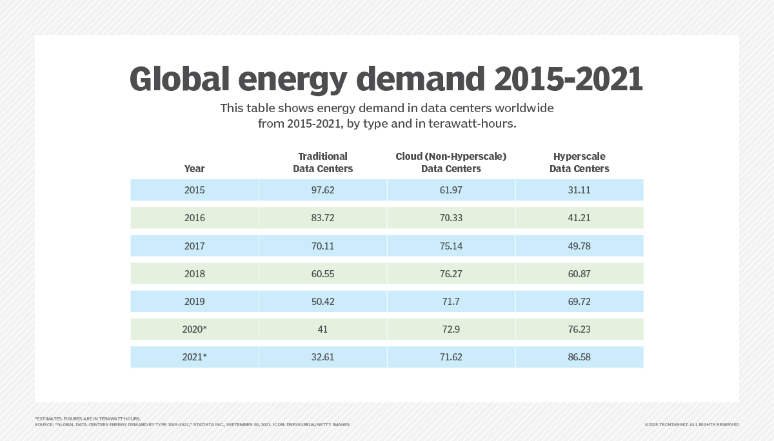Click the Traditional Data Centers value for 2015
click(x=322, y=190)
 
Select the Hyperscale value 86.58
click(x=579, y=357)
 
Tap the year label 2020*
click(x=194, y=329)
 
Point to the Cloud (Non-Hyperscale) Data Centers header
click(x=451, y=162)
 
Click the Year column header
click(x=194, y=169)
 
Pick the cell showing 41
click(x=322, y=329)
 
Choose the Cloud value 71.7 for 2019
click(x=451, y=302)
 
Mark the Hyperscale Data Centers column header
click(x=579, y=162)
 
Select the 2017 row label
click(x=194, y=246)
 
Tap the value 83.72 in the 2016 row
click(x=322, y=218)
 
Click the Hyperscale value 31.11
click(x=579, y=190)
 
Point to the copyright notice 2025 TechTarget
click(x=691, y=424)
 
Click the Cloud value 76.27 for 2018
click(x=451, y=274)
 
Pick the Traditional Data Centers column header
click(x=322, y=162)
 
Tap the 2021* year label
click(x=194, y=357)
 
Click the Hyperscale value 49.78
click(x=579, y=246)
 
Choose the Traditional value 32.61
click(x=322, y=357)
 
